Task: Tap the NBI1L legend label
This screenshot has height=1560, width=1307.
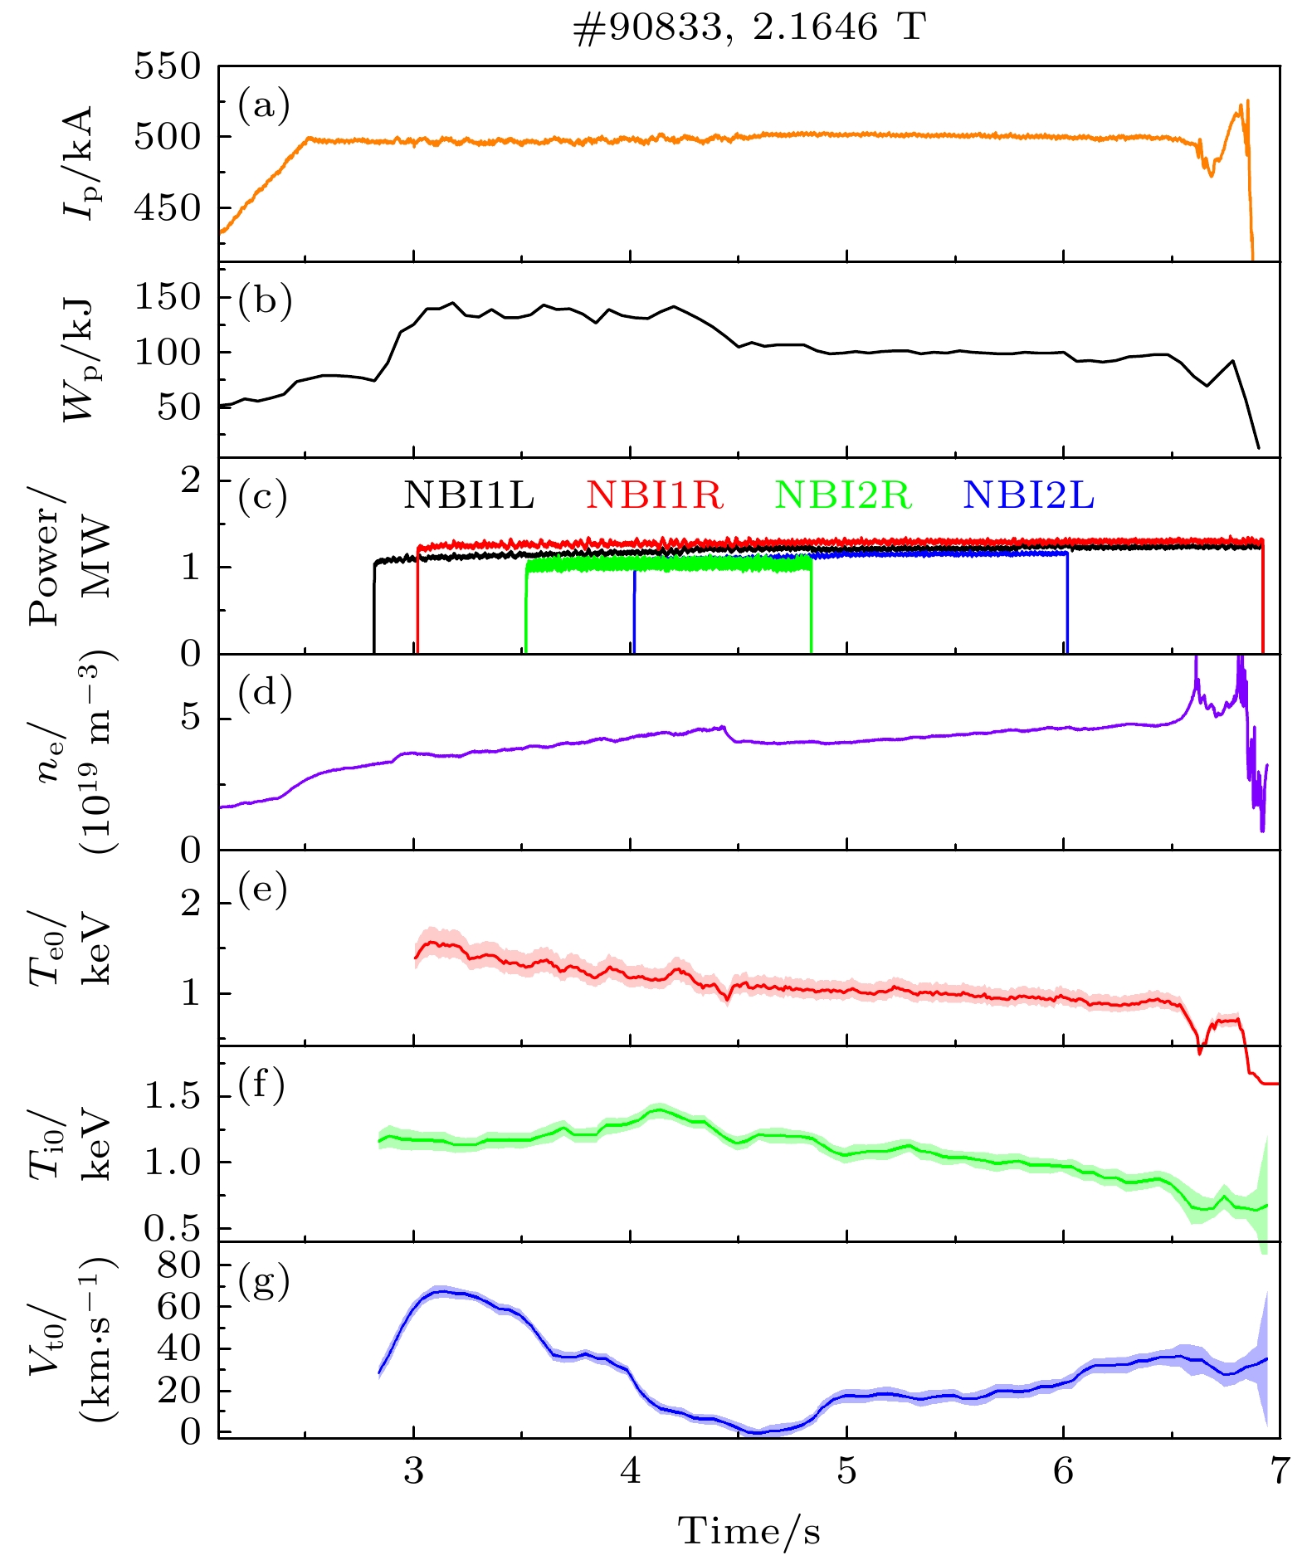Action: pyautogui.click(x=469, y=495)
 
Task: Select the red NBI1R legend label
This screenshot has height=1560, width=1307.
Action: pyautogui.click(x=655, y=495)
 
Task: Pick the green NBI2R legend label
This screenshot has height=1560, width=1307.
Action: pyautogui.click(x=843, y=495)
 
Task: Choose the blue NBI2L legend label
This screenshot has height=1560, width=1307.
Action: pyautogui.click(x=1028, y=495)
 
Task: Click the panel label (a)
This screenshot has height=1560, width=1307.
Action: pyautogui.click(x=264, y=105)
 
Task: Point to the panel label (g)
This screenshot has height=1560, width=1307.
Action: pyautogui.click(x=264, y=1282)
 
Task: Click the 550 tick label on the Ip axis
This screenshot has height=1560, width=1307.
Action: pyautogui.click(x=168, y=66)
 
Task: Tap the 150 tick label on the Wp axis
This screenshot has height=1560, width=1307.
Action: pyautogui.click(x=168, y=297)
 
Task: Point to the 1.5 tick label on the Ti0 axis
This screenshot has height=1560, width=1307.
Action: pyautogui.click(x=173, y=1096)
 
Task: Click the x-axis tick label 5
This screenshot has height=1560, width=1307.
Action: pyautogui.click(x=846, y=1470)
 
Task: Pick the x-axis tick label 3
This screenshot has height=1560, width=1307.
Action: pyautogui.click(x=413, y=1470)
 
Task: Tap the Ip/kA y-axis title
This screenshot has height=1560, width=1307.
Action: pyautogui.click(x=79, y=162)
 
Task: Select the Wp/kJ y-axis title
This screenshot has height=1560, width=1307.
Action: pyautogui.click(x=79, y=358)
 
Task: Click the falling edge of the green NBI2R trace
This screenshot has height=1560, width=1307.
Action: pyautogui.click(x=811, y=610)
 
